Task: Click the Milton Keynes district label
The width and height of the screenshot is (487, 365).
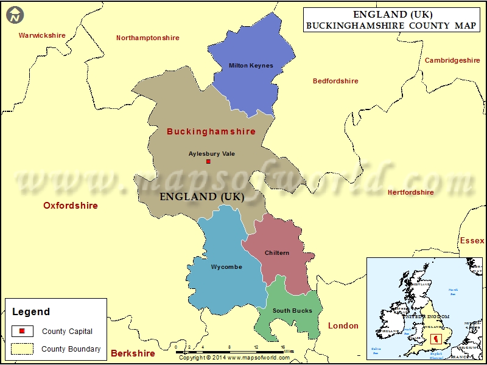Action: click(x=251, y=66)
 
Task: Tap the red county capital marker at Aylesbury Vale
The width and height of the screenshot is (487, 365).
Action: click(x=208, y=162)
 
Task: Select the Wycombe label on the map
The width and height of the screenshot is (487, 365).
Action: click(x=226, y=267)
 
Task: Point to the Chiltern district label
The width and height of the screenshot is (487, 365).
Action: click(x=277, y=253)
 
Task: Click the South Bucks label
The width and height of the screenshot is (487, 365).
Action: click(x=292, y=311)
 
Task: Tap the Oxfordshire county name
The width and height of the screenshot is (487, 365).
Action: click(x=71, y=206)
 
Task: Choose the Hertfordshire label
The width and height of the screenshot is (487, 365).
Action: click(x=411, y=192)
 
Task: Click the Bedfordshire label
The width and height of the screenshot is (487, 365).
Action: click(x=335, y=81)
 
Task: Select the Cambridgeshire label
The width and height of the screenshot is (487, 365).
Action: click(x=452, y=60)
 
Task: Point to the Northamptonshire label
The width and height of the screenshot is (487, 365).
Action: click(x=148, y=38)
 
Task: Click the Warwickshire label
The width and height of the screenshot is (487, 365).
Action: click(x=42, y=35)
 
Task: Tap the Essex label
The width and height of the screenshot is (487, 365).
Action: click(x=472, y=241)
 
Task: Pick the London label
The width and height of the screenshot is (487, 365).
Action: click(x=343, y=325)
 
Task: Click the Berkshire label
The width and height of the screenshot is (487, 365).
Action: click(x=133, y=353)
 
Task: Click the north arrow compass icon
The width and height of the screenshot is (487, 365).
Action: click(x=15, y=14)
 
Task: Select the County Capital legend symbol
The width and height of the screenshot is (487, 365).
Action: click(x=23, y=332)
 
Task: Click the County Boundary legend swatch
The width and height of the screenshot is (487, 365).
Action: click(x=23, y=349)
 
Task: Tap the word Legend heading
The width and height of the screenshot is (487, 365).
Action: click(x=31, y=311)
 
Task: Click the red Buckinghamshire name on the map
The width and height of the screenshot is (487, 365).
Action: click(x=211, y=131)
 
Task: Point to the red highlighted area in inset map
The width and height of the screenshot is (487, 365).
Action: click(x=435, y=338)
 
